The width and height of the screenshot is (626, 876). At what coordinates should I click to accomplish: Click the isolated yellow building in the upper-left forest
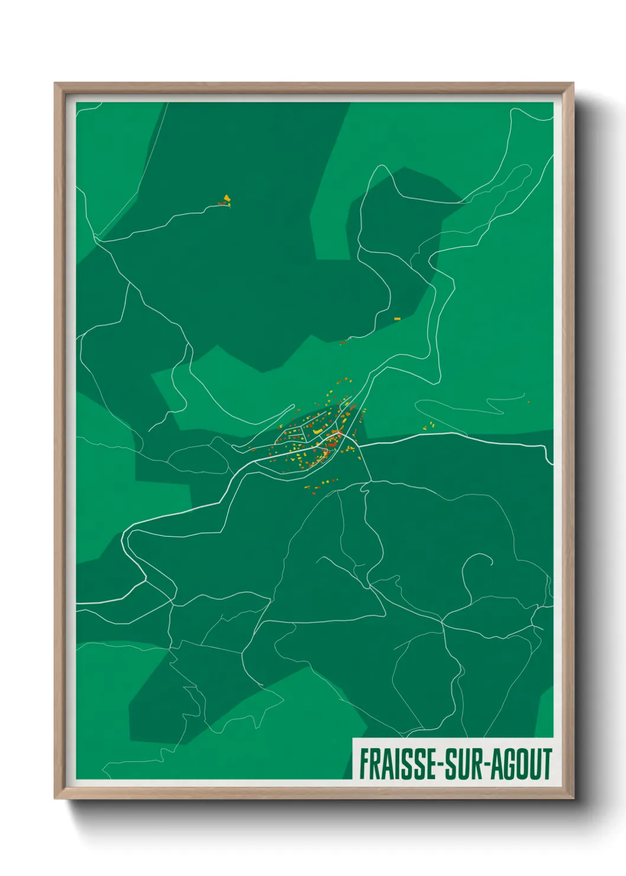click(226, 198)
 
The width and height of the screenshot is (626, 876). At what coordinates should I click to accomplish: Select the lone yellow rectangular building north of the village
click(397, 318)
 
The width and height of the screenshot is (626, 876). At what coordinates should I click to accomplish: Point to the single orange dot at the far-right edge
click(528, 402)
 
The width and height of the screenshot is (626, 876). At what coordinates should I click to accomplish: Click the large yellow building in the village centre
click(318, 431)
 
